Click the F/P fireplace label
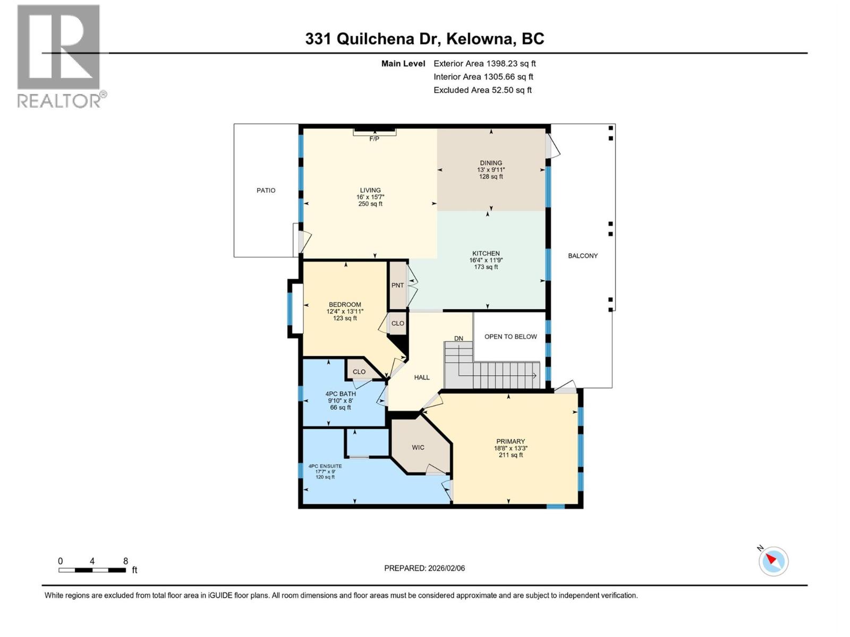click(374, 139)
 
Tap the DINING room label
click(490, 163)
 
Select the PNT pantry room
click(397, 286)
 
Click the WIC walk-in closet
click(418, 447)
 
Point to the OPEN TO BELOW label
click(510, 337)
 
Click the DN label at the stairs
click(458, 339)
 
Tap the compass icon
click(773, 561)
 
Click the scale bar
click(92, 570)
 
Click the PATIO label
click(266, 191)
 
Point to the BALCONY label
click(583, 256)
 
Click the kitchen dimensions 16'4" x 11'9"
click(486, 260)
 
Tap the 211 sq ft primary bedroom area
click(511, 455)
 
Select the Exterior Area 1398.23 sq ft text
click(484, 64)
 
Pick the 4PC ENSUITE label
click(325, 466)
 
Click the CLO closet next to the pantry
click(397, 323)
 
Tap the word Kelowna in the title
click(480, 39)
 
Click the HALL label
click(422, 377)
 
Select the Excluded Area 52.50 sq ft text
click(482, 90)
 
